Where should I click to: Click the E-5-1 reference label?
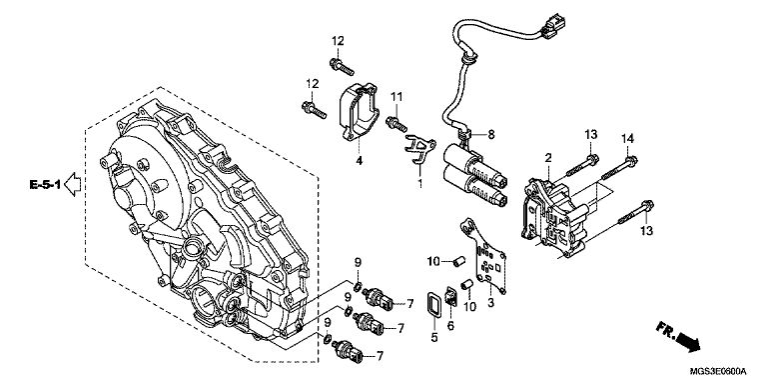(x=45, y=185)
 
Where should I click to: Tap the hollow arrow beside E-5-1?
(x=72, y=184)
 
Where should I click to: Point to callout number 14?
(x=627, y=139)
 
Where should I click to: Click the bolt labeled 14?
(x=617, y=168)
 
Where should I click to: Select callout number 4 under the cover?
(x=359, y=161)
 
